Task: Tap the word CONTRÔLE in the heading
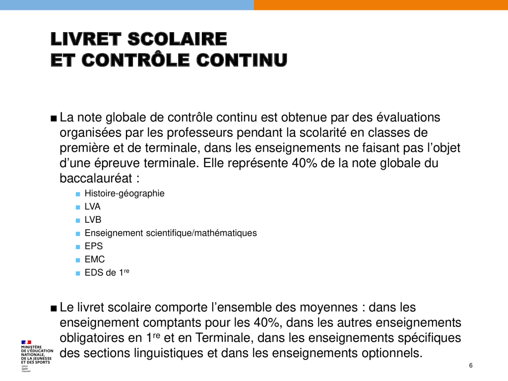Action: [136, 60]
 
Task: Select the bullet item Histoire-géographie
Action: [125, 193]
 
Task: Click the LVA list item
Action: [93, 207]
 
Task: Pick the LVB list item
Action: [93, 220]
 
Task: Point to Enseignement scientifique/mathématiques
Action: [171, 233]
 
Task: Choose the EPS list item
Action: [94, 246]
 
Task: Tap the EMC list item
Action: [95, 259]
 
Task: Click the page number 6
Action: [471, 366]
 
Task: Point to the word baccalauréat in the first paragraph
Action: [95, 178]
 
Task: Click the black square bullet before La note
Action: [54, 119]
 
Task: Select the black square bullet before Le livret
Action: [54, 308]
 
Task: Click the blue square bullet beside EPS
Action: [77, 247]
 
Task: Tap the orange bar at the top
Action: [381, 5]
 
